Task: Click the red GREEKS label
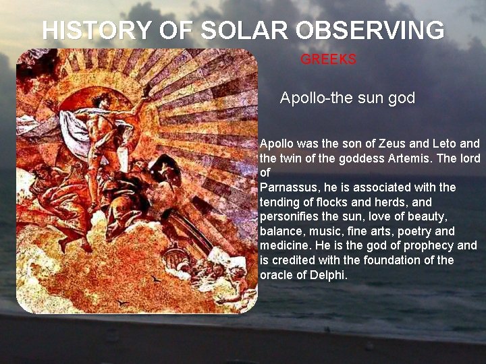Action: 328,59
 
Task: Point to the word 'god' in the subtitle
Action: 402,98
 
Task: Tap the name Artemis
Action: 426,158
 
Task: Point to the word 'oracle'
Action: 277,275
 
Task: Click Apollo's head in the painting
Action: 102,102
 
